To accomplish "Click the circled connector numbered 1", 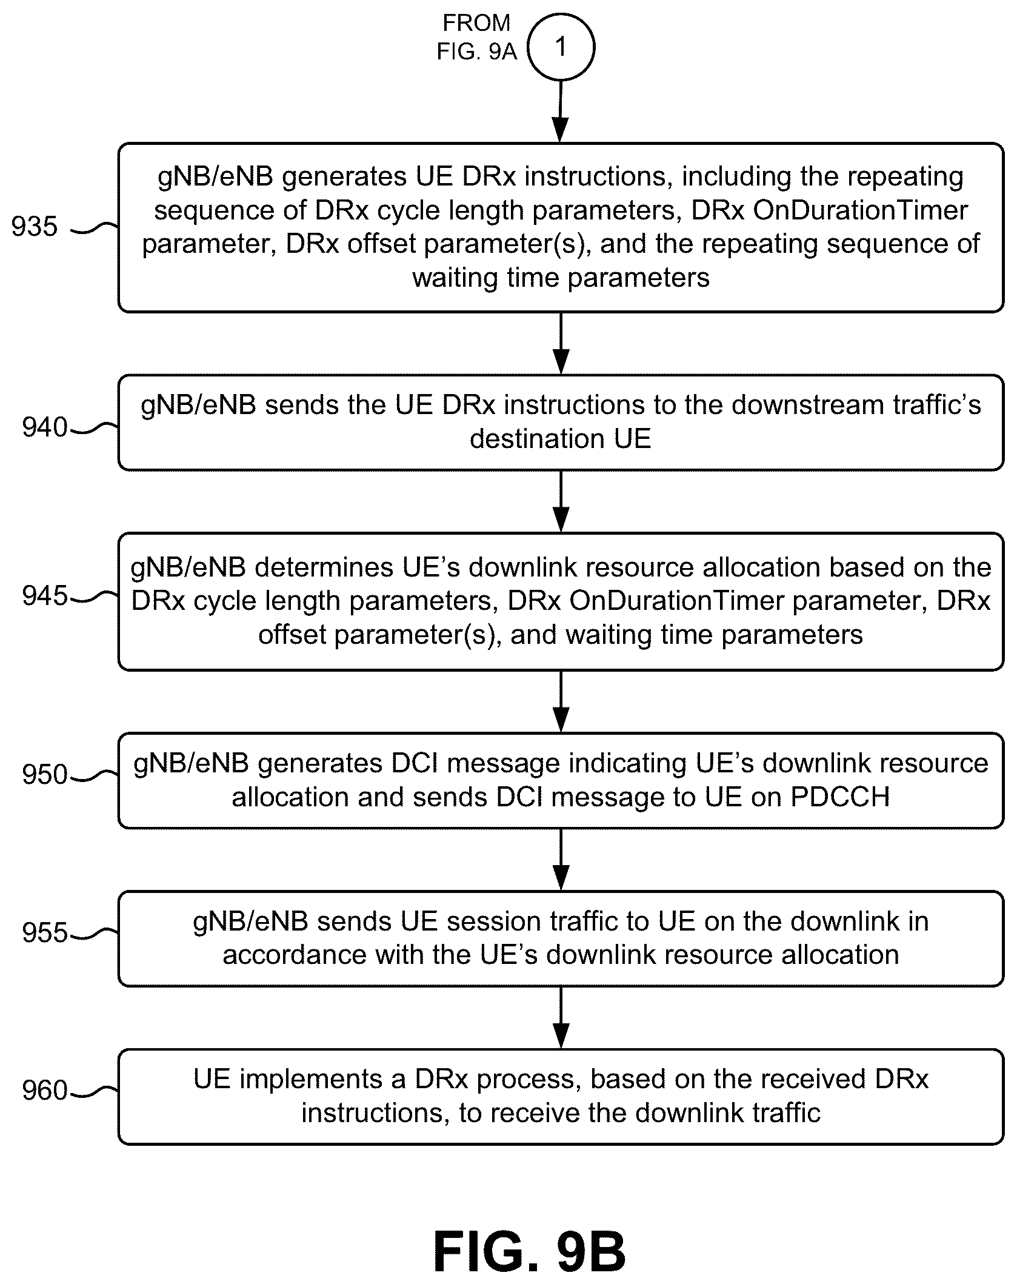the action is click(561, 47).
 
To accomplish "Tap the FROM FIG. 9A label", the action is click(477, 38).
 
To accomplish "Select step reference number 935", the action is click(35, 227).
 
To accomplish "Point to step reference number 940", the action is click(44, 427).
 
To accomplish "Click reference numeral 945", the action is click(44, 596).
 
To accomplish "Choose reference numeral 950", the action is click(44, 775).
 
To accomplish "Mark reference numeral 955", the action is click(44, 933).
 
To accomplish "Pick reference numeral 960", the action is click(44, 1091).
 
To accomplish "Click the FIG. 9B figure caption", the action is click(530, 1251).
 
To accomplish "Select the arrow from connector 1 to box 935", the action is click(561, 112).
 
